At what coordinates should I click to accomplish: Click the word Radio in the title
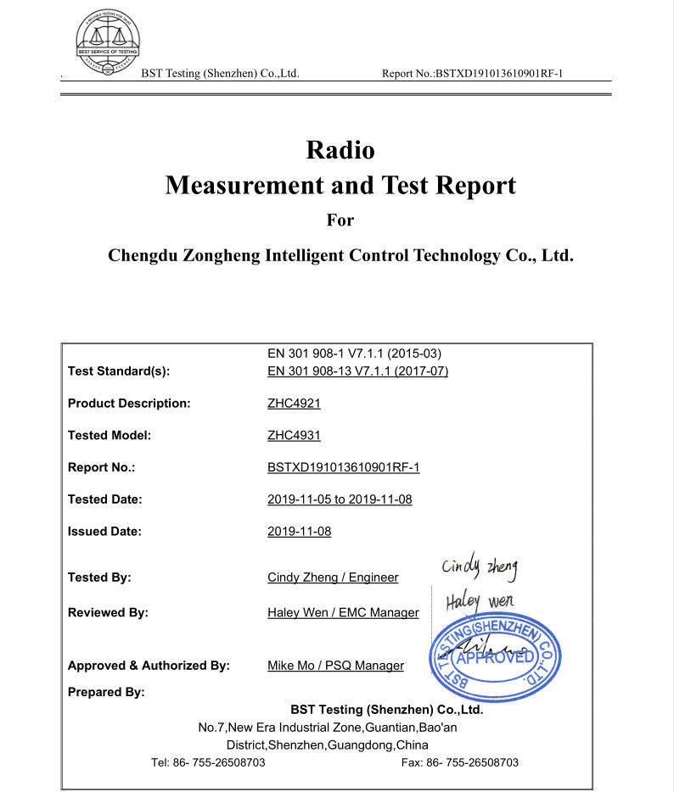[340, 150]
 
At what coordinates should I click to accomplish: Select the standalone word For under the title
[340, 220]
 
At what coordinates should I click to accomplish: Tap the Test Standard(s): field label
[119, 371]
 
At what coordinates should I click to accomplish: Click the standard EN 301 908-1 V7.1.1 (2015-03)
[354, 354]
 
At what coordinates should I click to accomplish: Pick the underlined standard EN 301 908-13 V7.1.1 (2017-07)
[357, 371]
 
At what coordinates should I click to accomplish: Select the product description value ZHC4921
[294, 403]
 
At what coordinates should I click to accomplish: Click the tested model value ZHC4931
[294, 435]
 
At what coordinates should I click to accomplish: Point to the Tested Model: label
[110, 435]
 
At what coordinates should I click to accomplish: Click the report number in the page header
[473, 74]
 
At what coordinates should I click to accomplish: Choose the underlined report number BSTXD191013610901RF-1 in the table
[344, 467]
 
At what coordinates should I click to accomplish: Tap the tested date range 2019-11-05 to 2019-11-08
[340, 499]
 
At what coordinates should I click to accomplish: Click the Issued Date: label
[104, 532]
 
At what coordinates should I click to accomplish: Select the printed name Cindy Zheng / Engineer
[333, 577]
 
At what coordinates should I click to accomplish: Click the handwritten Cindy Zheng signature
[480, 566]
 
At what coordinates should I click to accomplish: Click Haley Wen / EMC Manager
[343, 612]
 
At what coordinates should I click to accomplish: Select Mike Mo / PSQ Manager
[335, 666]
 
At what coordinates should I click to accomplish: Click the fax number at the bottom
[459, 762]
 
